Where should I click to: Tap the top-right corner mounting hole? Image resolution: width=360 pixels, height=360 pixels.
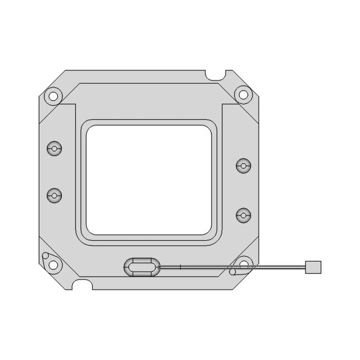(244, 94)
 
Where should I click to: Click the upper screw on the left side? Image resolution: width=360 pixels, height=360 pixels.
(54, 149)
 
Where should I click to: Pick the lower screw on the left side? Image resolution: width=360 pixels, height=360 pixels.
(54, 196)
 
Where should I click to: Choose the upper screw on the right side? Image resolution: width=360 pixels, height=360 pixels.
(243, 166)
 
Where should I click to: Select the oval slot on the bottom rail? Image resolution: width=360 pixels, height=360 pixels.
(141, 267)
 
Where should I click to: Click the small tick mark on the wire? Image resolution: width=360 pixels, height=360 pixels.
(180, 267)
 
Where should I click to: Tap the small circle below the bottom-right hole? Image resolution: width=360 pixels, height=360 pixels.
(232, 273)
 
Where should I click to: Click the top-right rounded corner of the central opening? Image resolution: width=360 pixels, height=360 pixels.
(208, 128)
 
